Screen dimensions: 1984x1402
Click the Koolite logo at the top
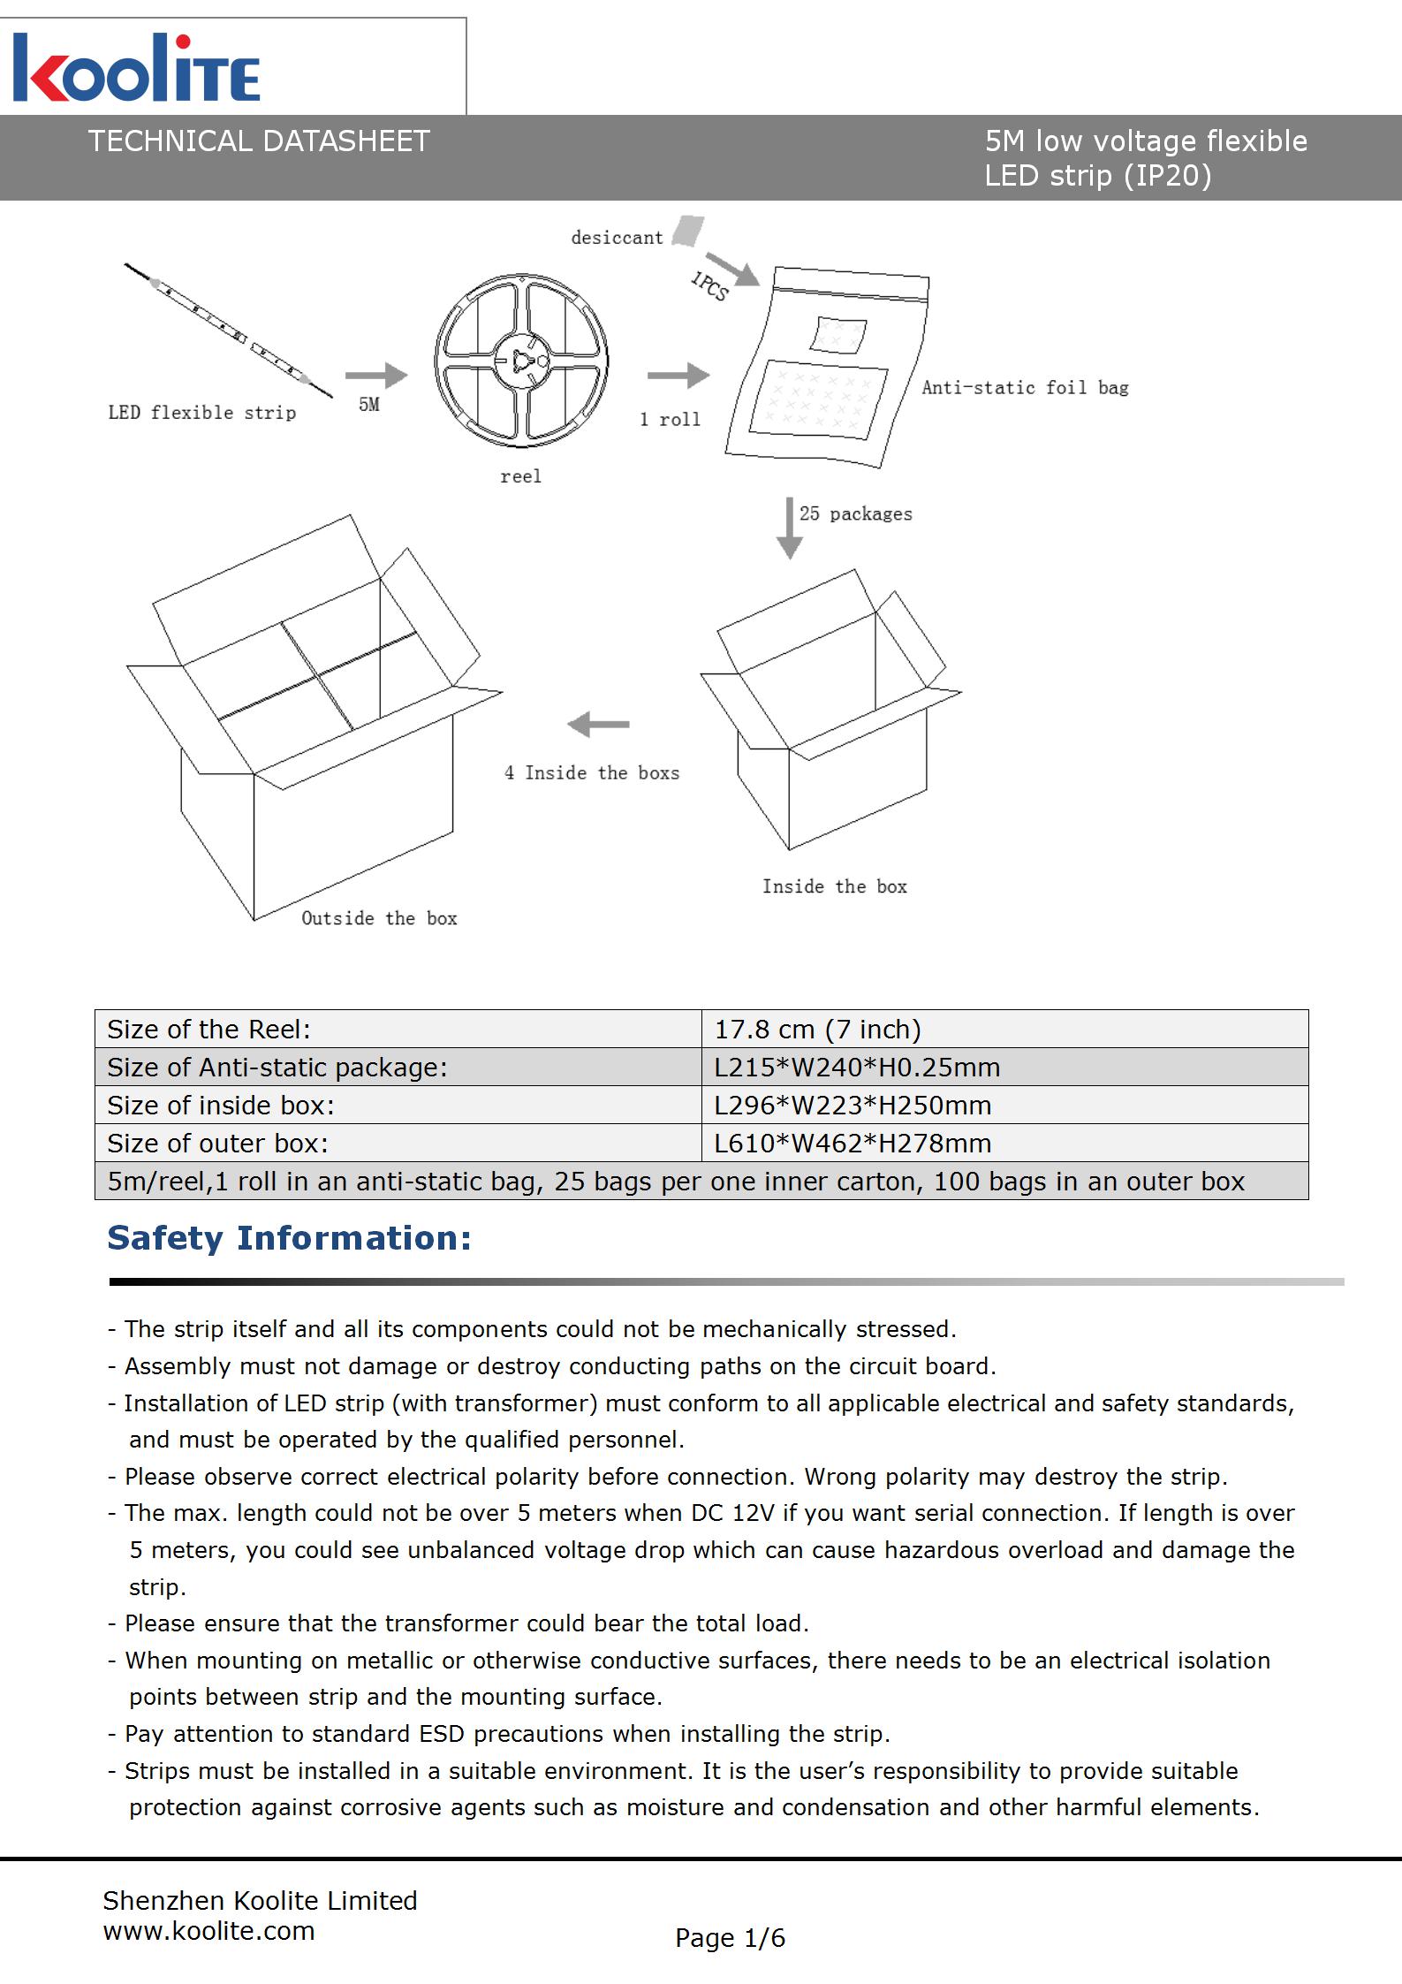[137, 69]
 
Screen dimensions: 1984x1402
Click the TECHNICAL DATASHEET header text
[258, 141]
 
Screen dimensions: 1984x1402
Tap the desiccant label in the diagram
[617, 238]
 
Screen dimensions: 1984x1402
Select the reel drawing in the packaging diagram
[521, 360]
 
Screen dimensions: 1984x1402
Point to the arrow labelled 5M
[376, 376]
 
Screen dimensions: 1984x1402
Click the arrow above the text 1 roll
[678, 376]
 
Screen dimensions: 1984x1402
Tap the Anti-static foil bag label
[1025, 388]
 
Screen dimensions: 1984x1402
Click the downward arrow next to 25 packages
[789, 528]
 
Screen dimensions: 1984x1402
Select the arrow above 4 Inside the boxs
[598, 725]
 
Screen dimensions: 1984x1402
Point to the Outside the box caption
[379, 919]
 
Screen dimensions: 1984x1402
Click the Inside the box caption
[835, 887]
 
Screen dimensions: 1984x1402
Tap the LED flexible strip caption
[201, 413]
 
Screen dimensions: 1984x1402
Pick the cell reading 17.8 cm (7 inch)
[817, 1030]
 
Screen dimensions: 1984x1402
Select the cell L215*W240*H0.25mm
[857, 1068]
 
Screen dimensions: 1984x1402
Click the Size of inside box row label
[221, 1106]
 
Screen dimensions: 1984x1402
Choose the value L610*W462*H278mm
[853, 1144]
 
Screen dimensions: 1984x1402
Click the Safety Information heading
[289, 1238]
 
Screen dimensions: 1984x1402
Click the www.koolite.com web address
[208, 1931]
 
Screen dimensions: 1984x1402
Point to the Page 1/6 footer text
[730, 1938]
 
